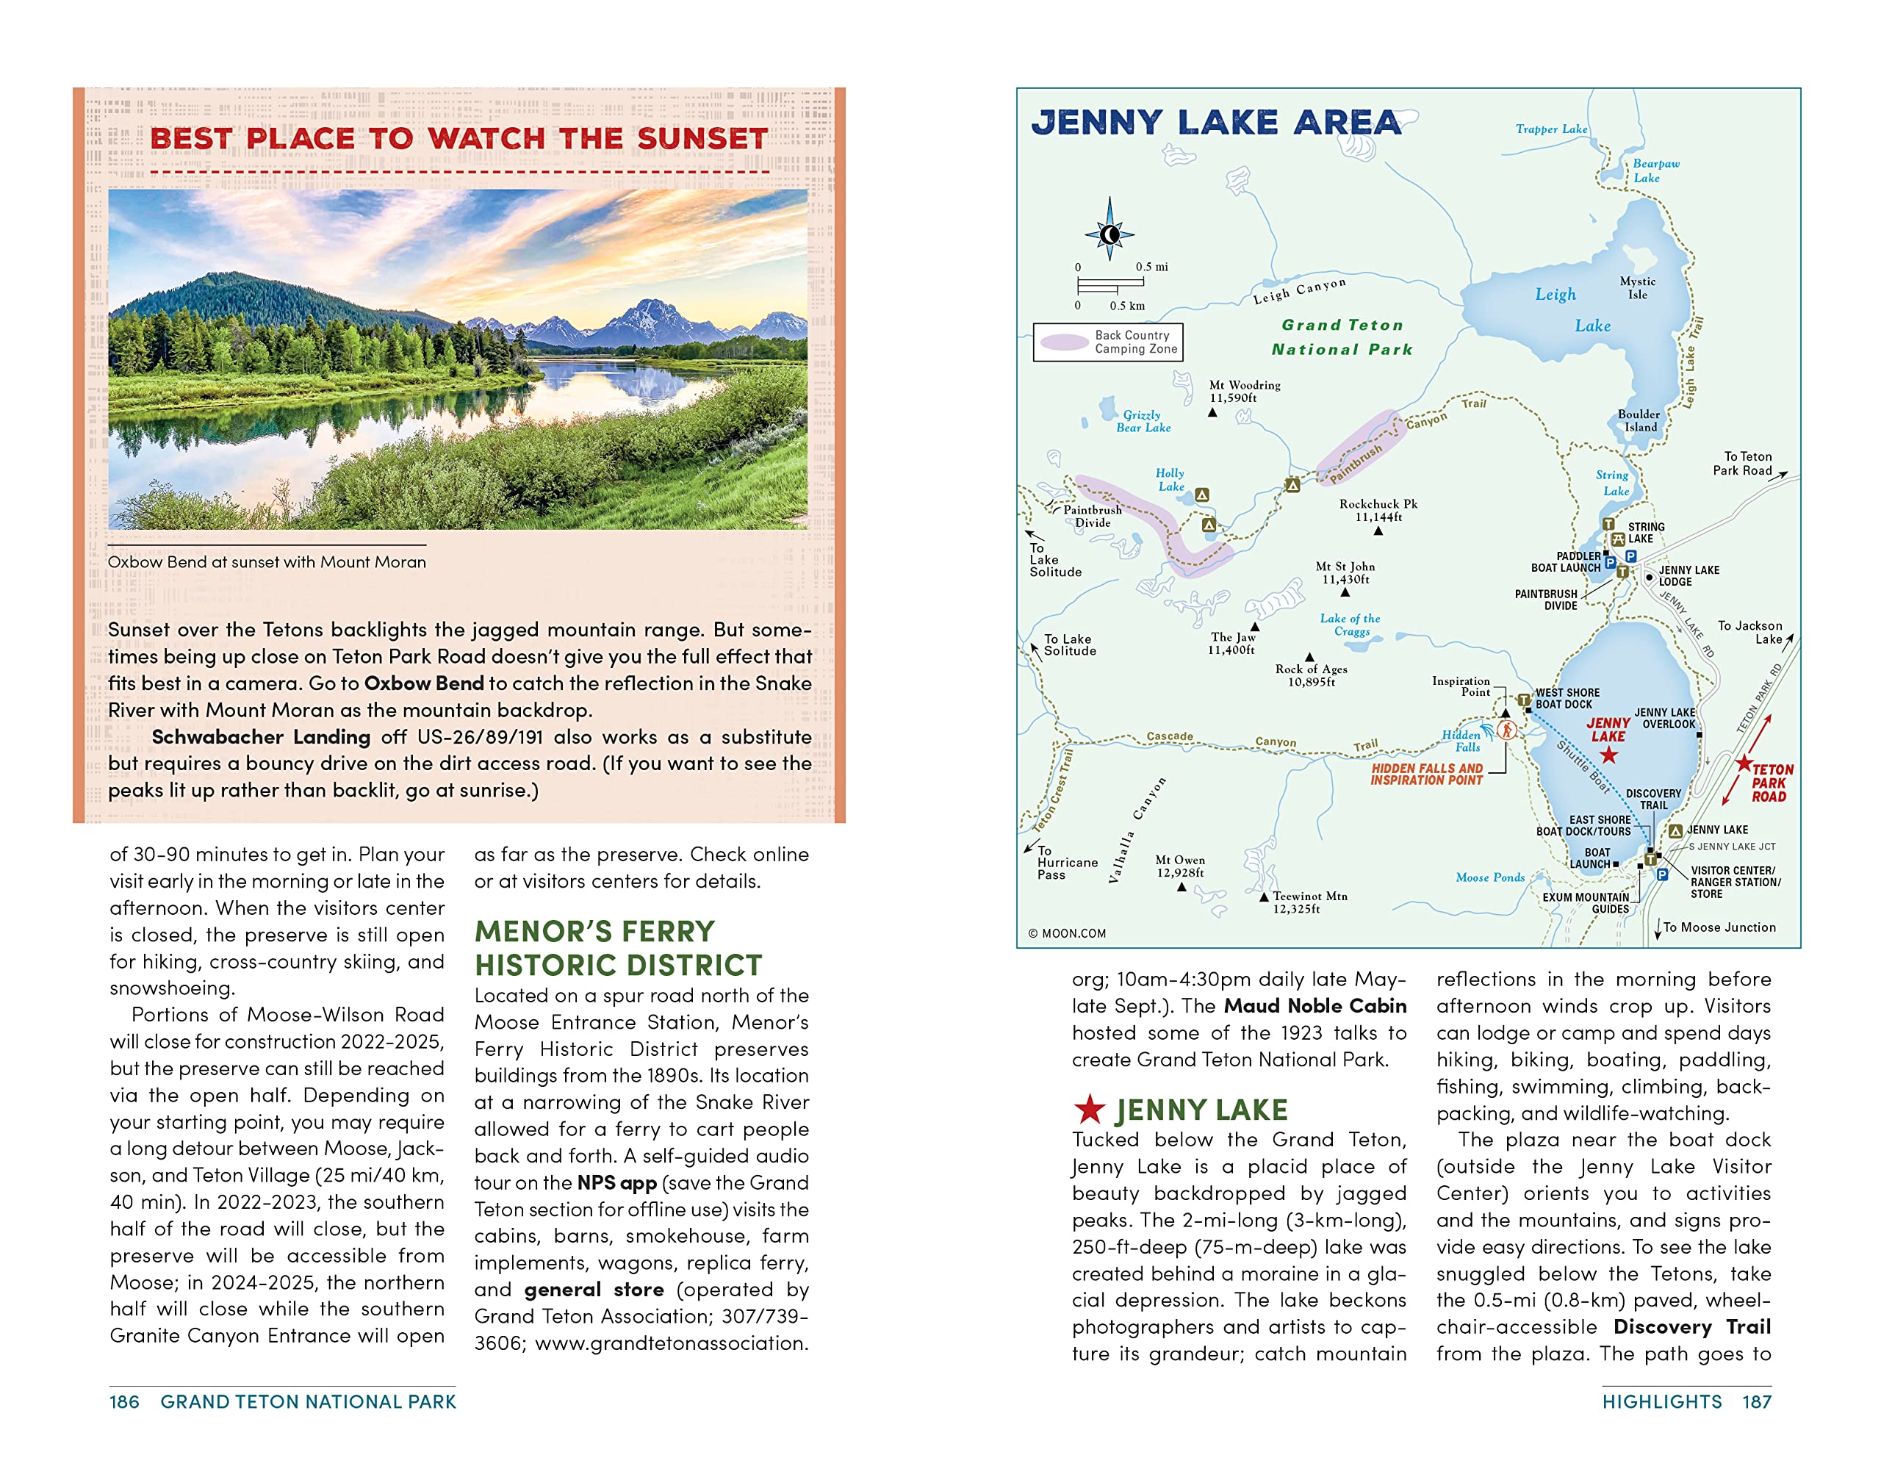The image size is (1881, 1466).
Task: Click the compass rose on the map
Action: point(1109,234)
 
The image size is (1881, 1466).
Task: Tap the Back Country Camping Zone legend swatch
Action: point(1065,342)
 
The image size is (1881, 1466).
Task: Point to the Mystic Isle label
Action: point(1636,287)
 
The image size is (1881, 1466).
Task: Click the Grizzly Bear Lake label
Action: point(1143,421)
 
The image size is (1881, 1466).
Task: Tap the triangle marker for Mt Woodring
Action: point(1212,412)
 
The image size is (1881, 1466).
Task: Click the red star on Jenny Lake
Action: point(1608,755)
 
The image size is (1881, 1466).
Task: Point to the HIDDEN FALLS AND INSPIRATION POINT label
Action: point(1426,775)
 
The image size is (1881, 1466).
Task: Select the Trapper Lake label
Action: point(1551,129)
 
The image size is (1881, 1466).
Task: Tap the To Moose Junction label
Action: point(1718,927)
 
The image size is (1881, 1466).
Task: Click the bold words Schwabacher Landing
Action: point(260,737)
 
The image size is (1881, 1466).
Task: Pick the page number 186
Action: point(124,1401)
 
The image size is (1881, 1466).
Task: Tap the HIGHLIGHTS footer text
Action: point(1661,1401)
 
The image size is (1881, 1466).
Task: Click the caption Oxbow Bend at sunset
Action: point(266,561)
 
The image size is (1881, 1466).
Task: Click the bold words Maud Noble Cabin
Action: point(1314,1006)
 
